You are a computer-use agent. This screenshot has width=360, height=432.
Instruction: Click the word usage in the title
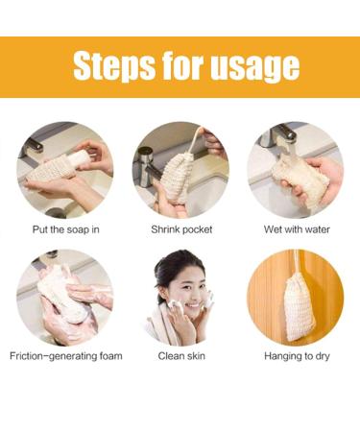click(x=251, y=67)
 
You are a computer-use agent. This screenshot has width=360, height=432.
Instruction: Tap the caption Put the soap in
click(x=65, y=229)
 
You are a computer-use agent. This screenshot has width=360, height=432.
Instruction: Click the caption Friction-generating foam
click(x=65, y=357)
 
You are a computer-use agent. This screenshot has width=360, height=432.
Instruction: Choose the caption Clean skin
click(x=180, y=357)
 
